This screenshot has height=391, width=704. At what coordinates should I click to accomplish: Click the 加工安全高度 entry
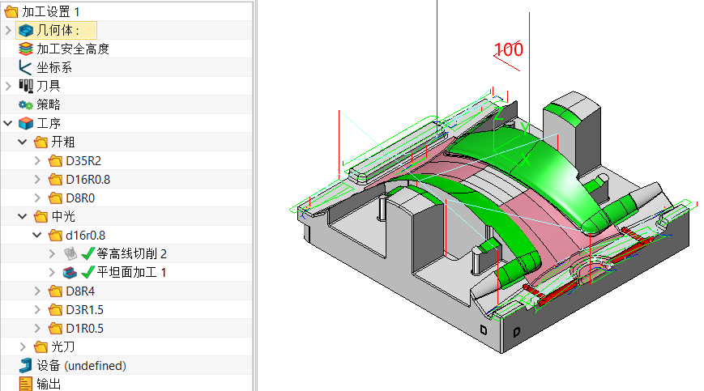(72, 49)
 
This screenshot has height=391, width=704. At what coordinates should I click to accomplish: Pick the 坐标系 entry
(54, 67)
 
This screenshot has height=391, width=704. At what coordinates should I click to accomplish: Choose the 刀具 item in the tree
(48, 85)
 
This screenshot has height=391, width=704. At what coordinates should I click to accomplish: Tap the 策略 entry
(48, 104)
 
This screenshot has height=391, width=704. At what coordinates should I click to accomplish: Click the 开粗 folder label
(63, 142)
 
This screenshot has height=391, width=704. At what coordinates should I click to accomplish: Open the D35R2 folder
(83, 160)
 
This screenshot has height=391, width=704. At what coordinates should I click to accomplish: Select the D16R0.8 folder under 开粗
(87, 179)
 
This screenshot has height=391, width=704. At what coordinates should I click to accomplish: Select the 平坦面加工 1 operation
(131, 272)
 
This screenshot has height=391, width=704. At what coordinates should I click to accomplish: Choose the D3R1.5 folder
(84, 309)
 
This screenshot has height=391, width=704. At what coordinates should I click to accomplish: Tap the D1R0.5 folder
(84, 328)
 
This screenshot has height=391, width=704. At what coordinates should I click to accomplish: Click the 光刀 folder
(63, 346)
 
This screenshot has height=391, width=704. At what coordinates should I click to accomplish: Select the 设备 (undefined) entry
(81, 365)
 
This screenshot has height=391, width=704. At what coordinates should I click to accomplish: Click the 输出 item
(48, 384)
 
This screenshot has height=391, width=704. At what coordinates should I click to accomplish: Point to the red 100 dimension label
(508, 49)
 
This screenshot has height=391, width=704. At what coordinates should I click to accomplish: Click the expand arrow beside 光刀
(23, 346)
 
